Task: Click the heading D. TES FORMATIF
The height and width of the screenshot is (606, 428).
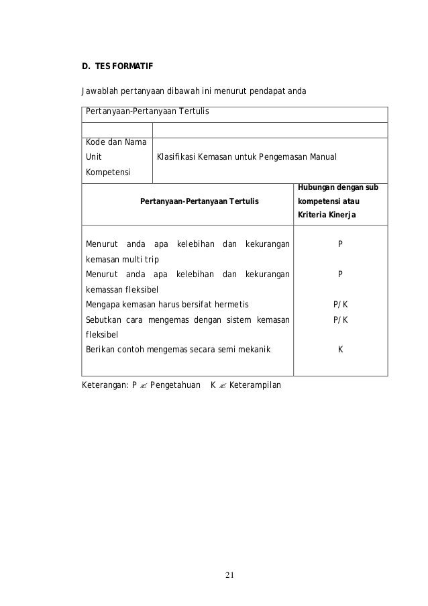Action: [117, 67]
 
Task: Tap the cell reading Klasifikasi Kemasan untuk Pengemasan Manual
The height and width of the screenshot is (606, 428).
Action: [246, 158]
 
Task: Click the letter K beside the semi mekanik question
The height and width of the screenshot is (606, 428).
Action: [341, 348]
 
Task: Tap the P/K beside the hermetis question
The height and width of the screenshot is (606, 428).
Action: [341, 304]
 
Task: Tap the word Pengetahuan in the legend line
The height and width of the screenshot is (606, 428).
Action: [174, 385]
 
